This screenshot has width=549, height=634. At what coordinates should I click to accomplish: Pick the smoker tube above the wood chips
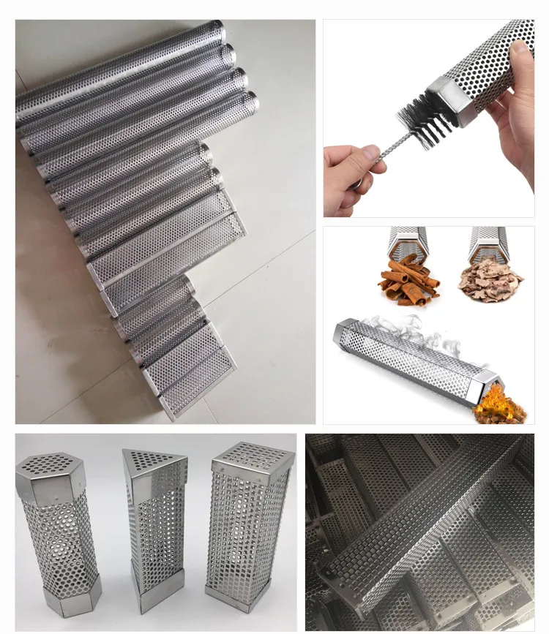click(490, 241)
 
